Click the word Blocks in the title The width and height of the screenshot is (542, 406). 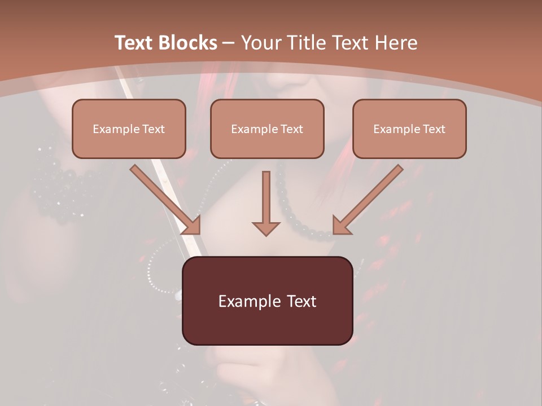coord(187,42)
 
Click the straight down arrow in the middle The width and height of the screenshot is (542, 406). coord(266,197)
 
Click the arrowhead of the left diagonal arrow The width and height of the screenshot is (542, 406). coord(192,226)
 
